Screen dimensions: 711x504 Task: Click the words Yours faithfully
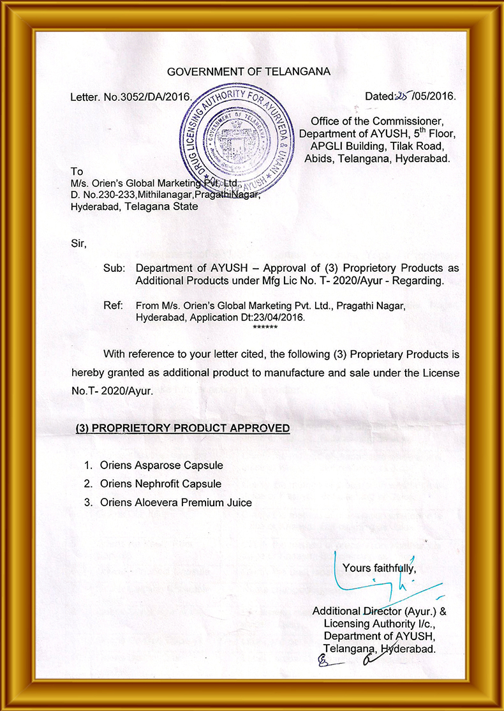click(x=380, y=567)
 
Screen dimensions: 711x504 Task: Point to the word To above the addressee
click(x=77, y=172)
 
